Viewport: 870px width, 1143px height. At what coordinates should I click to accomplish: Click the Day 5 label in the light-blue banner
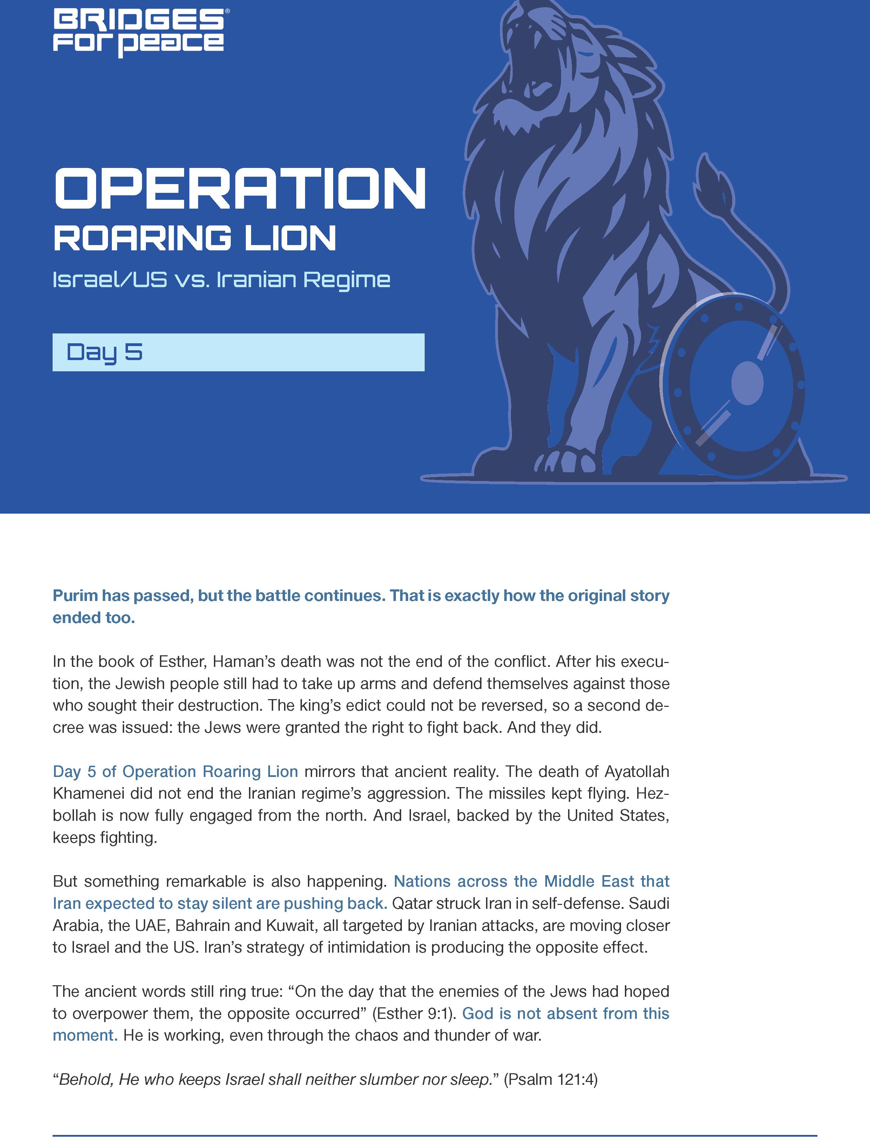pos(104,352)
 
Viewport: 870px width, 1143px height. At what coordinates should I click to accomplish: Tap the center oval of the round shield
pos(747,383)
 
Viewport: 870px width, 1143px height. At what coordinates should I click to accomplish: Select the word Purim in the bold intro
pos(75,596)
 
